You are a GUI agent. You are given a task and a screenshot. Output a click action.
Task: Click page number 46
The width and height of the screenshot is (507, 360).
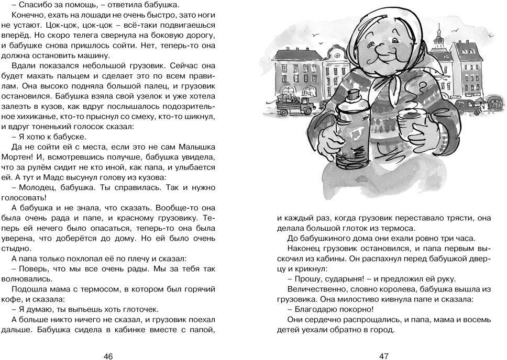pos(108,356)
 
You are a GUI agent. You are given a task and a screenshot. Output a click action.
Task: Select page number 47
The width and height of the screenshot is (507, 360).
pos(383,356)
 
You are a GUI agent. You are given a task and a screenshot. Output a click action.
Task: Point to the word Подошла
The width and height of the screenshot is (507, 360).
pos(28,288)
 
